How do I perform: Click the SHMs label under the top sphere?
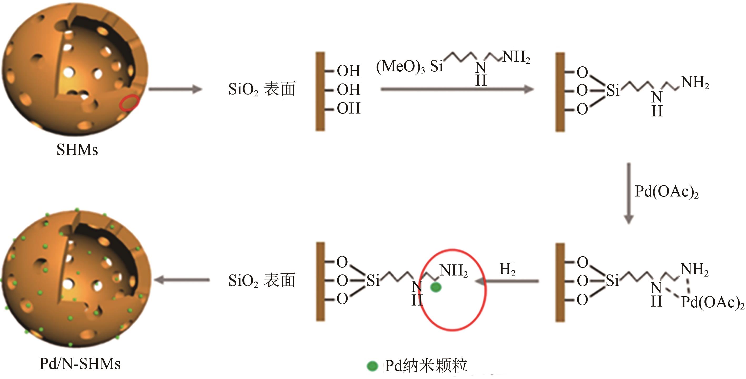coord(77,150)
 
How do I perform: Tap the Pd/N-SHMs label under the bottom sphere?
coord(80,364)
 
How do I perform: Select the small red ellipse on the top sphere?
coord(129,103)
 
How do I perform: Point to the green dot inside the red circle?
coord(436,287)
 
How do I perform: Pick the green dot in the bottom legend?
coord(372,366)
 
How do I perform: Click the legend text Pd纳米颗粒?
coord(426,366)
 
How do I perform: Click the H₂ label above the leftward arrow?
coord(507,269)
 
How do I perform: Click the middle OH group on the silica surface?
coord(348,90)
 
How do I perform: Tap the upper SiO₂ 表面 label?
coord(262,89)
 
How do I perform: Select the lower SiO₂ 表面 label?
coord(262,280)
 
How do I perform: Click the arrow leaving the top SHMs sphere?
coord(176,89)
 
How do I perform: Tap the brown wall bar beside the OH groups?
coord(320,92)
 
